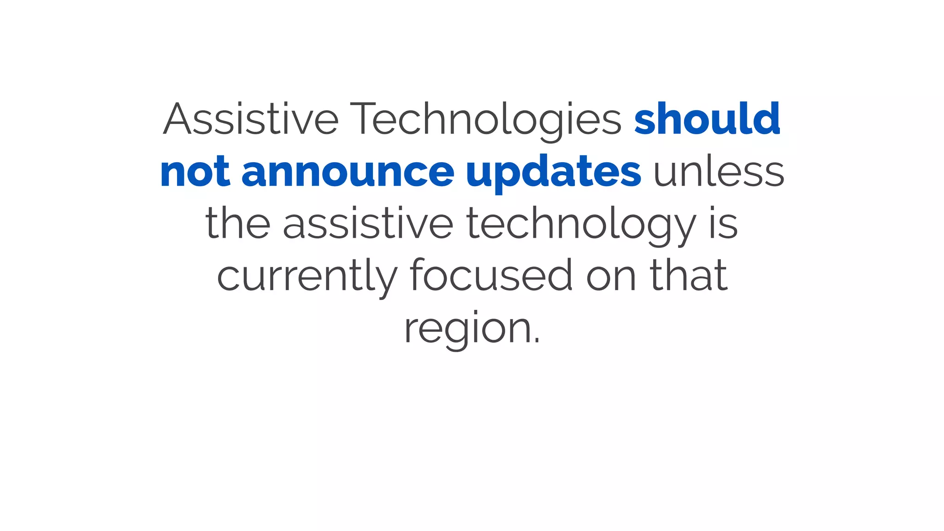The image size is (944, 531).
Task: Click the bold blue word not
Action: (195, 171)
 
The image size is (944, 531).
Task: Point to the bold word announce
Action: (348, 171)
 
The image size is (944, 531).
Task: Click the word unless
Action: (719, 171)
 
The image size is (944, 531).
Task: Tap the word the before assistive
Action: (238, 224)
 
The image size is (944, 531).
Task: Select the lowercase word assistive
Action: (368, 224)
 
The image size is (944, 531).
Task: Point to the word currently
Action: (307, 276)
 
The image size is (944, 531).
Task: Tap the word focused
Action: (491, 276)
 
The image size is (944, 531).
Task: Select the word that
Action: (689, 276)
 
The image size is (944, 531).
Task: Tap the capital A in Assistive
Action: (177, 119)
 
